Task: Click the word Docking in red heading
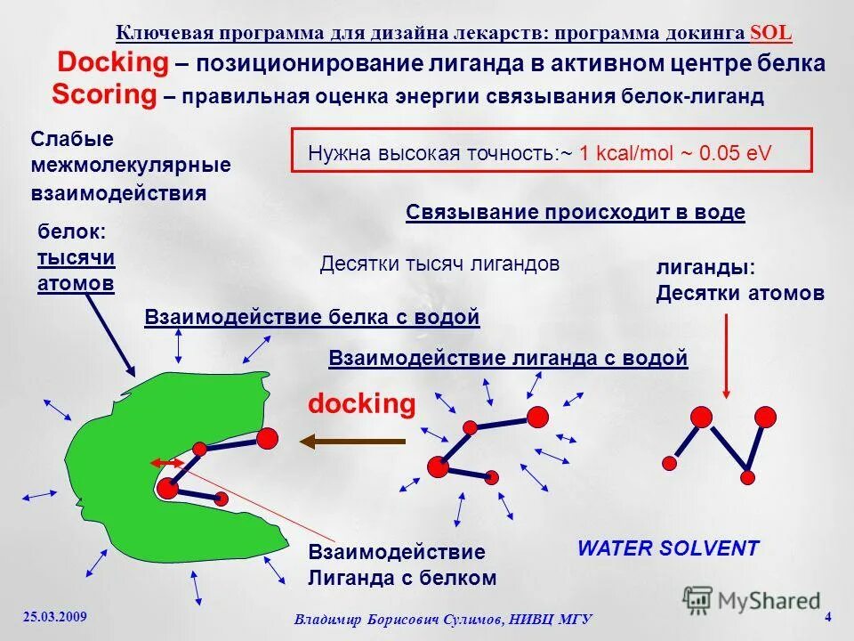coord(112,63)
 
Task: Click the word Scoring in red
coord(104,94)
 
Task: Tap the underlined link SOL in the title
coord(770,33)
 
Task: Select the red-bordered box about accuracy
coord(552,149)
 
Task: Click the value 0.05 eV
coord(735,153)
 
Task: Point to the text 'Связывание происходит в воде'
coord(575,213)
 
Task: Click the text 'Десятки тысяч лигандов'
coord(439,264)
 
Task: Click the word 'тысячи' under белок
coord(76,257)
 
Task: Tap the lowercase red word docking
coord(361,404)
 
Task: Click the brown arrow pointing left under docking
coord(351,441)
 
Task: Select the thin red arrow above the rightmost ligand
coord(727,356)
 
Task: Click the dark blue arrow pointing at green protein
coord(111,335)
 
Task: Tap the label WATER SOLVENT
coord(668,548)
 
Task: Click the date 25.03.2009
coord(55,616)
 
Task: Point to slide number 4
coord(828,617)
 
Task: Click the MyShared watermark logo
coord(752,599)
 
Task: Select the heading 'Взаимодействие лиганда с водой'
coord(508,358)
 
